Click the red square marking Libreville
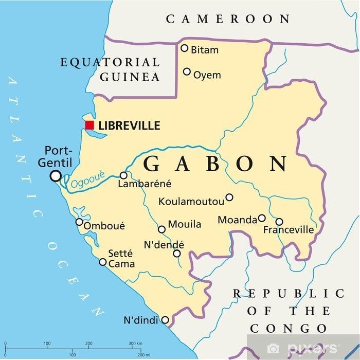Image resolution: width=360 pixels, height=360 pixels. [90, 125]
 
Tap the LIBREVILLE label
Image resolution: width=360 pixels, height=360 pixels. [129, 125]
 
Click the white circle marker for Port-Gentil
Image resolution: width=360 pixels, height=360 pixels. [55, 176]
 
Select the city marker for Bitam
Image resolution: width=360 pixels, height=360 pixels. [184, 48]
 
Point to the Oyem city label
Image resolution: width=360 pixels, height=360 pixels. [207, 75]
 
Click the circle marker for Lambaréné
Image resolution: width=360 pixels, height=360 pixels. [123, 175]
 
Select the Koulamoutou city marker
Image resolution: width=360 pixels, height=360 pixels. [229, 197]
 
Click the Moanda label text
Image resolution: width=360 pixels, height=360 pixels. [237, 220]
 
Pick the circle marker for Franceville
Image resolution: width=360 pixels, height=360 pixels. [279, 222]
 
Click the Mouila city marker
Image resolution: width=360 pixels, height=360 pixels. [161, 229]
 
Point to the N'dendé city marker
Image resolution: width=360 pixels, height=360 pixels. [177, 254]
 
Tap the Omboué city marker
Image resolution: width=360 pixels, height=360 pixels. [79, 222]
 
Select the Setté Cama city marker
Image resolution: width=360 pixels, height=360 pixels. [103, 262]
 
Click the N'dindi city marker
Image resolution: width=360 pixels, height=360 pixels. [165, 320]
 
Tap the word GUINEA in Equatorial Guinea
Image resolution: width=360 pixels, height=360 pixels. [130, 77]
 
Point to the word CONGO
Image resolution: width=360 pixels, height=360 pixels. [288, 328]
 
